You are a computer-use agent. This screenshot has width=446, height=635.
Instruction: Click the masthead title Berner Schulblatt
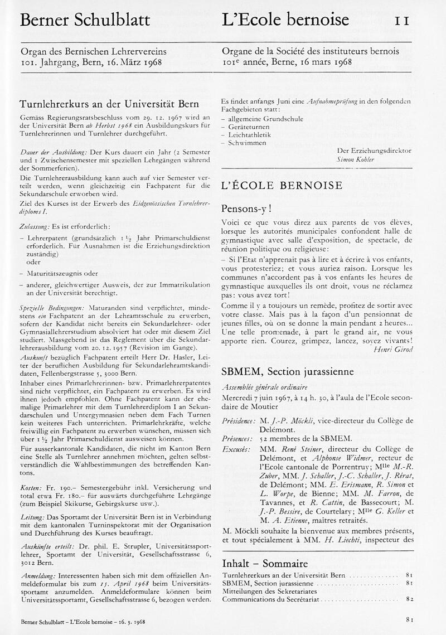(x=85, y=20)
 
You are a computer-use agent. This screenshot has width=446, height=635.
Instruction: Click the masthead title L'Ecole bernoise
(x=285, y=20)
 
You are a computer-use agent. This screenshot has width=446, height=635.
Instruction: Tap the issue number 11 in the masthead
(x=403, y=21)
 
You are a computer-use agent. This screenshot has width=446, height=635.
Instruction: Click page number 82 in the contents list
(x=409, y=599)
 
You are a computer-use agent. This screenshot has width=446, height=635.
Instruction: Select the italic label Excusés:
(x=236, y=449)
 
